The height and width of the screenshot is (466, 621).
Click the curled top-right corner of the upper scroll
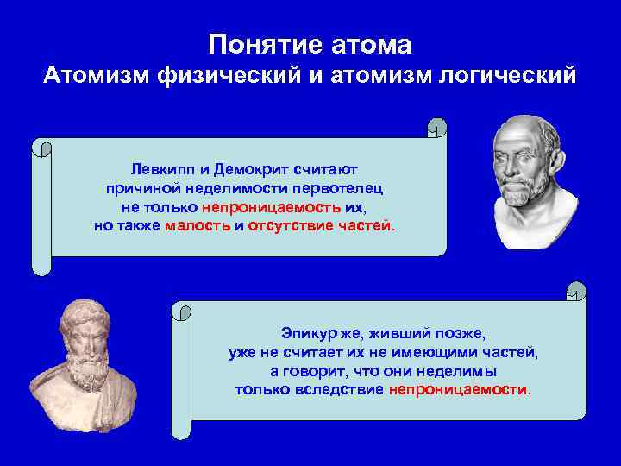pyautogui.click(x=437, y=130)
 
